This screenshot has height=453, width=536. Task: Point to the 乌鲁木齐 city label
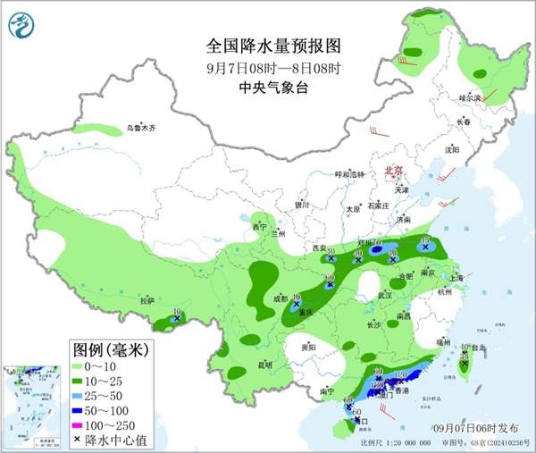point(140,129)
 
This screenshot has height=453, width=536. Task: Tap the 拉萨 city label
point(147,300)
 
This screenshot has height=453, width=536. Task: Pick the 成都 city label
point(281,298)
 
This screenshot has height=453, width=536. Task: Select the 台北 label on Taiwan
point(478,348)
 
